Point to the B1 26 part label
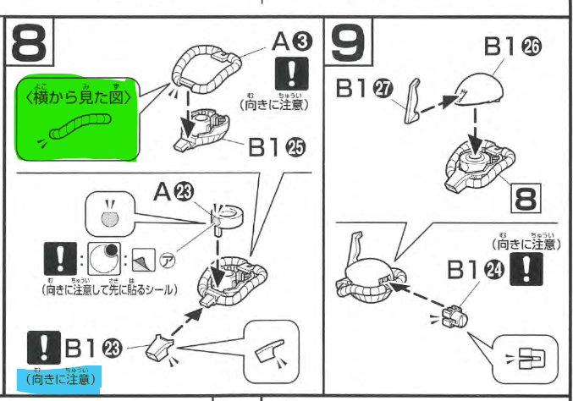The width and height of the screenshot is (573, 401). click(x=513, y=48)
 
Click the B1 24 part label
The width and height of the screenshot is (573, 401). click(x=475, y=270)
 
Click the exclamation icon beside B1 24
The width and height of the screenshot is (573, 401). click(x=531, y=270)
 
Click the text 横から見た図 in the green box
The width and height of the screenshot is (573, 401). click(x=79, y=96)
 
